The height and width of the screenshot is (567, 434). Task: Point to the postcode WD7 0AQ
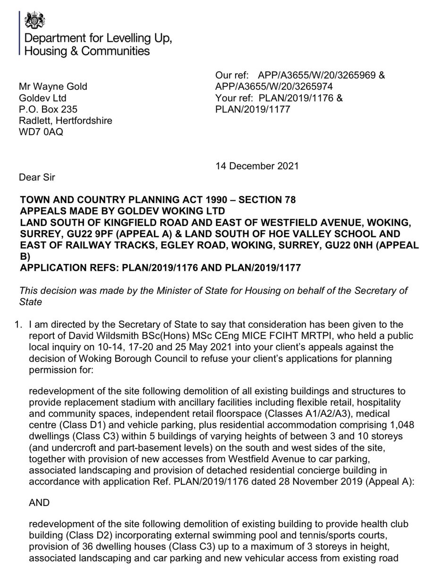click(41, 132)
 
